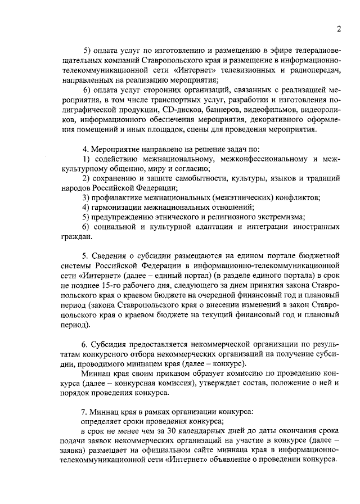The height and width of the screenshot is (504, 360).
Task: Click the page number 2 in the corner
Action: (x=339, y=29)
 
